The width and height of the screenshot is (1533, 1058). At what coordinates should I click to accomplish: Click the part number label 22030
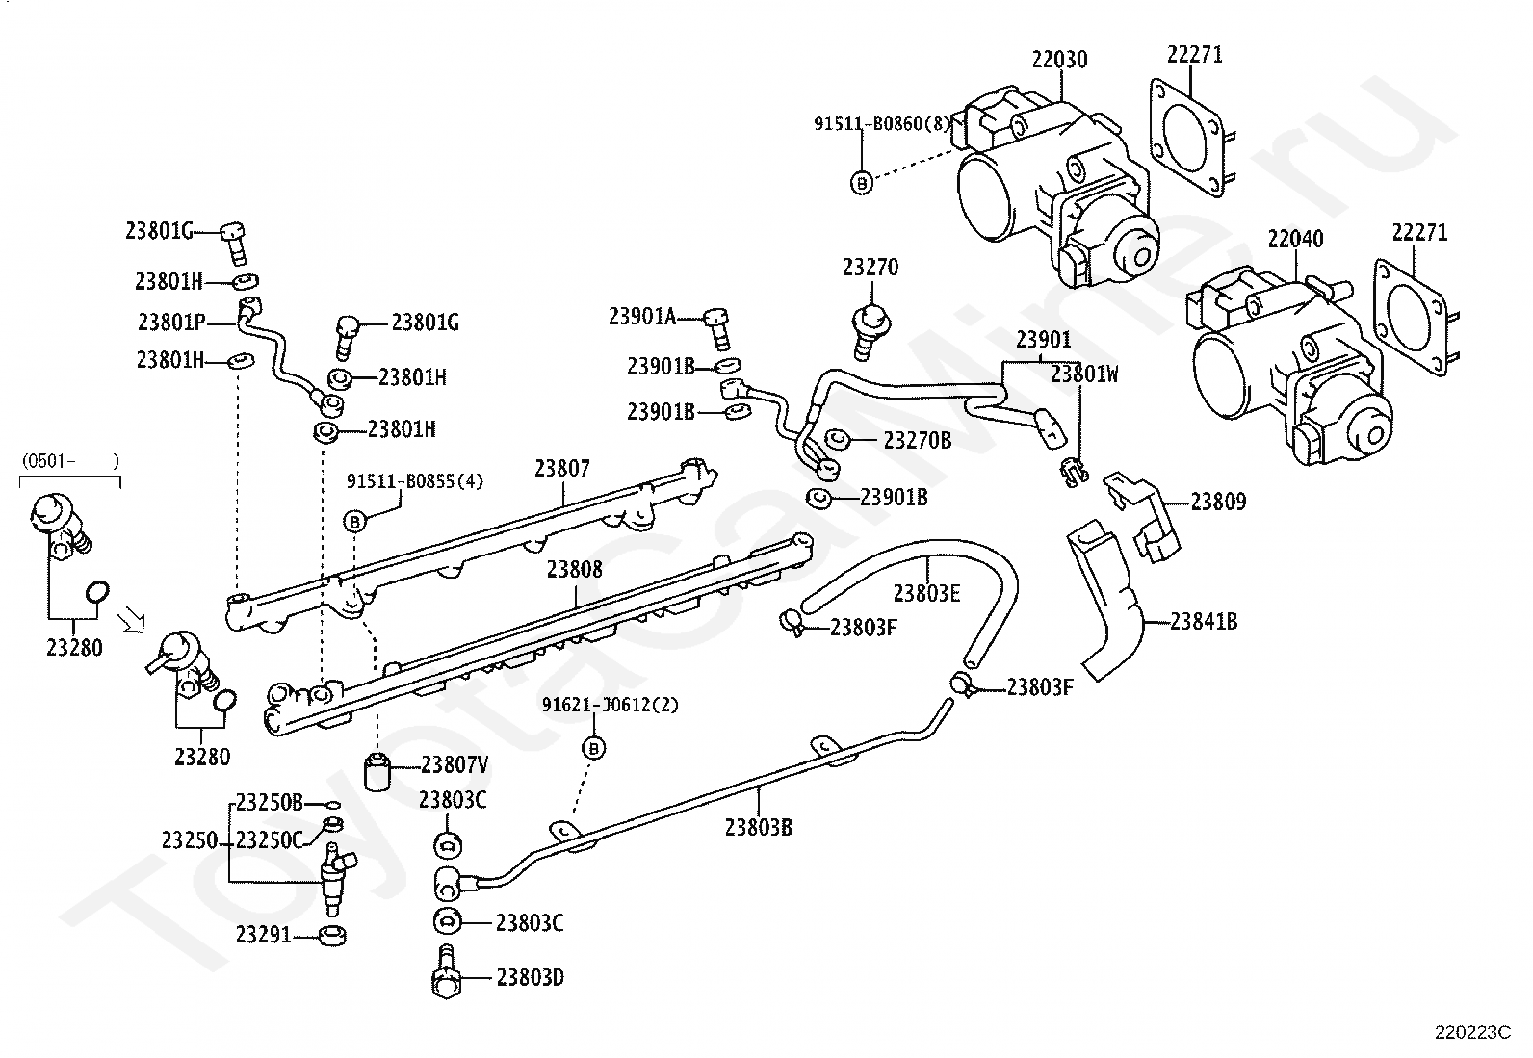1059,60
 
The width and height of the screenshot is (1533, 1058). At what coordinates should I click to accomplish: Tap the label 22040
1295,239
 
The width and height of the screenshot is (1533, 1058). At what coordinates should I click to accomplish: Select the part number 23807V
455,764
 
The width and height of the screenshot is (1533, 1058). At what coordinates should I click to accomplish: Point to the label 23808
574,569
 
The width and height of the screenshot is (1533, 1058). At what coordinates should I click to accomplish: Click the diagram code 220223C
1472,1033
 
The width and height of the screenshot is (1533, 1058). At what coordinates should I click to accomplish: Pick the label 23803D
531,978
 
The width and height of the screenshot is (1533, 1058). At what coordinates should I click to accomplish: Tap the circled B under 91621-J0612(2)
593,749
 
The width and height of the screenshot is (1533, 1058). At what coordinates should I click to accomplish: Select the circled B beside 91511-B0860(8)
862,183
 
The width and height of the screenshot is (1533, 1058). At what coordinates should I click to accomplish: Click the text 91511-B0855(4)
415,481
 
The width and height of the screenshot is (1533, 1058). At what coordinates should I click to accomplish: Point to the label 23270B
917,440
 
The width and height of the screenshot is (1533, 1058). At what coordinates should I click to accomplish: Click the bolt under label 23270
870,332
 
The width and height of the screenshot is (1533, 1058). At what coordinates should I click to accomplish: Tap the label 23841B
1204,621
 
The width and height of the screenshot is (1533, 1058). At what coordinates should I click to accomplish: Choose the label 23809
1218,502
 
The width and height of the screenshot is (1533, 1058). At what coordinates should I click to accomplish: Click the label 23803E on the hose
926,593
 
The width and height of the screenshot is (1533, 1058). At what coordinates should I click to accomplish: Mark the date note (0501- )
70,460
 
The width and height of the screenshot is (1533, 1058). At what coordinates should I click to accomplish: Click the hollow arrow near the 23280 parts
131,621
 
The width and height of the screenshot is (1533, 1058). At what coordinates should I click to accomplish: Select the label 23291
264,935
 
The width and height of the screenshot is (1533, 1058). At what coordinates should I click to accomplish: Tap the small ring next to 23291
332,935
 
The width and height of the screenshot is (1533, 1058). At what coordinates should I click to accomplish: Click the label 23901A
642,316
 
